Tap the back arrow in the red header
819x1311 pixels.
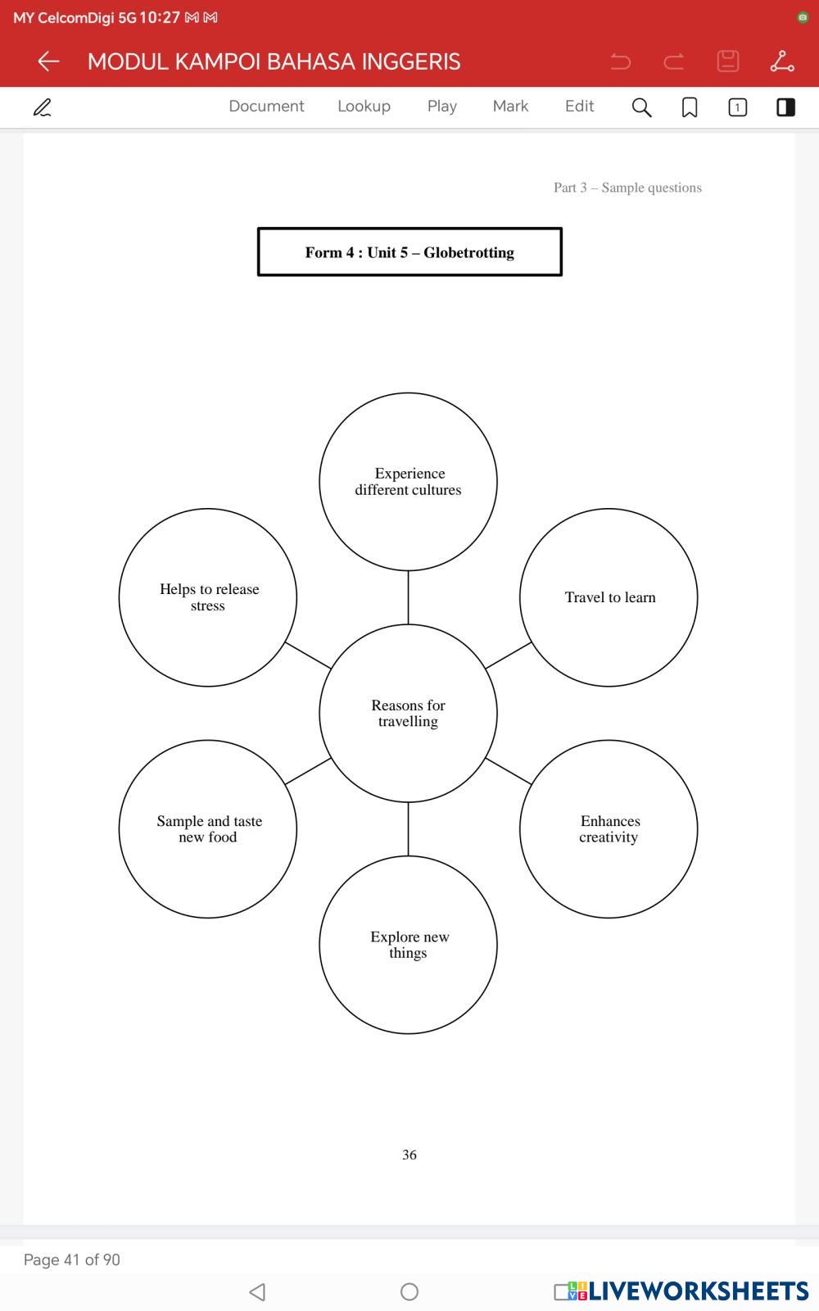click(48, 61)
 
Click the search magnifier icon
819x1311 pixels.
click(641, 107)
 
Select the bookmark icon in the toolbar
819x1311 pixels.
click(690, 107)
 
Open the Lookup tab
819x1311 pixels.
click(364, 107)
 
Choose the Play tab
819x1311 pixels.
click(441, 107)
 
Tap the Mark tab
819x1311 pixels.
click(510, 107)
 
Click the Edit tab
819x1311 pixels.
click(579, 107)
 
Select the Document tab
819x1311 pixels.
click(266, 107)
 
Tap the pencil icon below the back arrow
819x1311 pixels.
click(43, 107)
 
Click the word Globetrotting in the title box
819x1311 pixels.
click(468, 252)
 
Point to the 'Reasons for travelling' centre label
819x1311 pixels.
click(408, 713)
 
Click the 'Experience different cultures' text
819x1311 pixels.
click(408, 482)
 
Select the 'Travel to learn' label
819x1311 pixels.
click(610, 597)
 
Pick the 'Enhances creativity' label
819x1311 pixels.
click(609, 828)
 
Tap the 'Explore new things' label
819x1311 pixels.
click(409, 945)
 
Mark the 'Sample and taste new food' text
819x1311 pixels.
click(209, 828)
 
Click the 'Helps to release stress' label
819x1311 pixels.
click(209, 597)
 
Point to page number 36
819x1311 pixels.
click(409, 1154)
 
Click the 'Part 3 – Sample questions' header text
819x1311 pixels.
click(627, 188)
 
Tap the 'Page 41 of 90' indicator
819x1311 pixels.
click(72, 1259)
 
